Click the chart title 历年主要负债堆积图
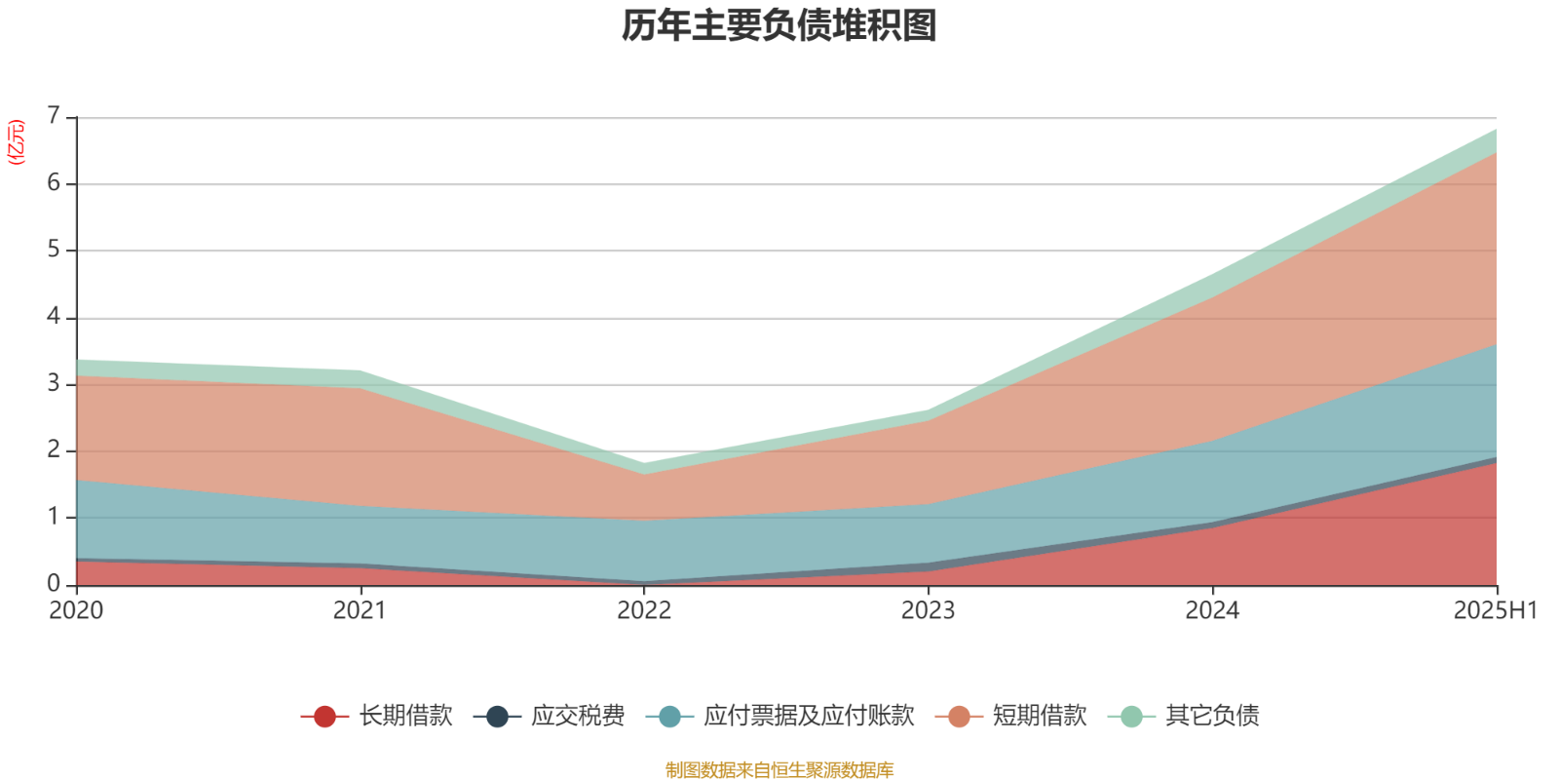[x=779, y=26]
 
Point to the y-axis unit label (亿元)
[x=17, y=142]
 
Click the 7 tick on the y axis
[x=53, y=117]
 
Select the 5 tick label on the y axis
[x=53, y=250]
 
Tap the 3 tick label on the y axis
[x=53, y=383]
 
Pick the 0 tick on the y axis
[x=53, y=583]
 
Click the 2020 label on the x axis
[x=76, y=610]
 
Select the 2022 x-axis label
[x=644, y=610]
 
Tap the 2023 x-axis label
[x=928, y=610]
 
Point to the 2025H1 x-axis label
[x=1495, y=610]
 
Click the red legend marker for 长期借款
[x=324, y=717]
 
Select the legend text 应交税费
[x=578, y=716]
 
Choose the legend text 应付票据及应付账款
[x=809, y=716]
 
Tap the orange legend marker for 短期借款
[x=959, y=717]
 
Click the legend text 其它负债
[x=1212, y=716]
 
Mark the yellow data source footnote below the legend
[x=779, y=770]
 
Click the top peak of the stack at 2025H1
[x=1496, y=130]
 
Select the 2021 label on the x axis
[x=360, y=610]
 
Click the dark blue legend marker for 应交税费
[x=497, y=717]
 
